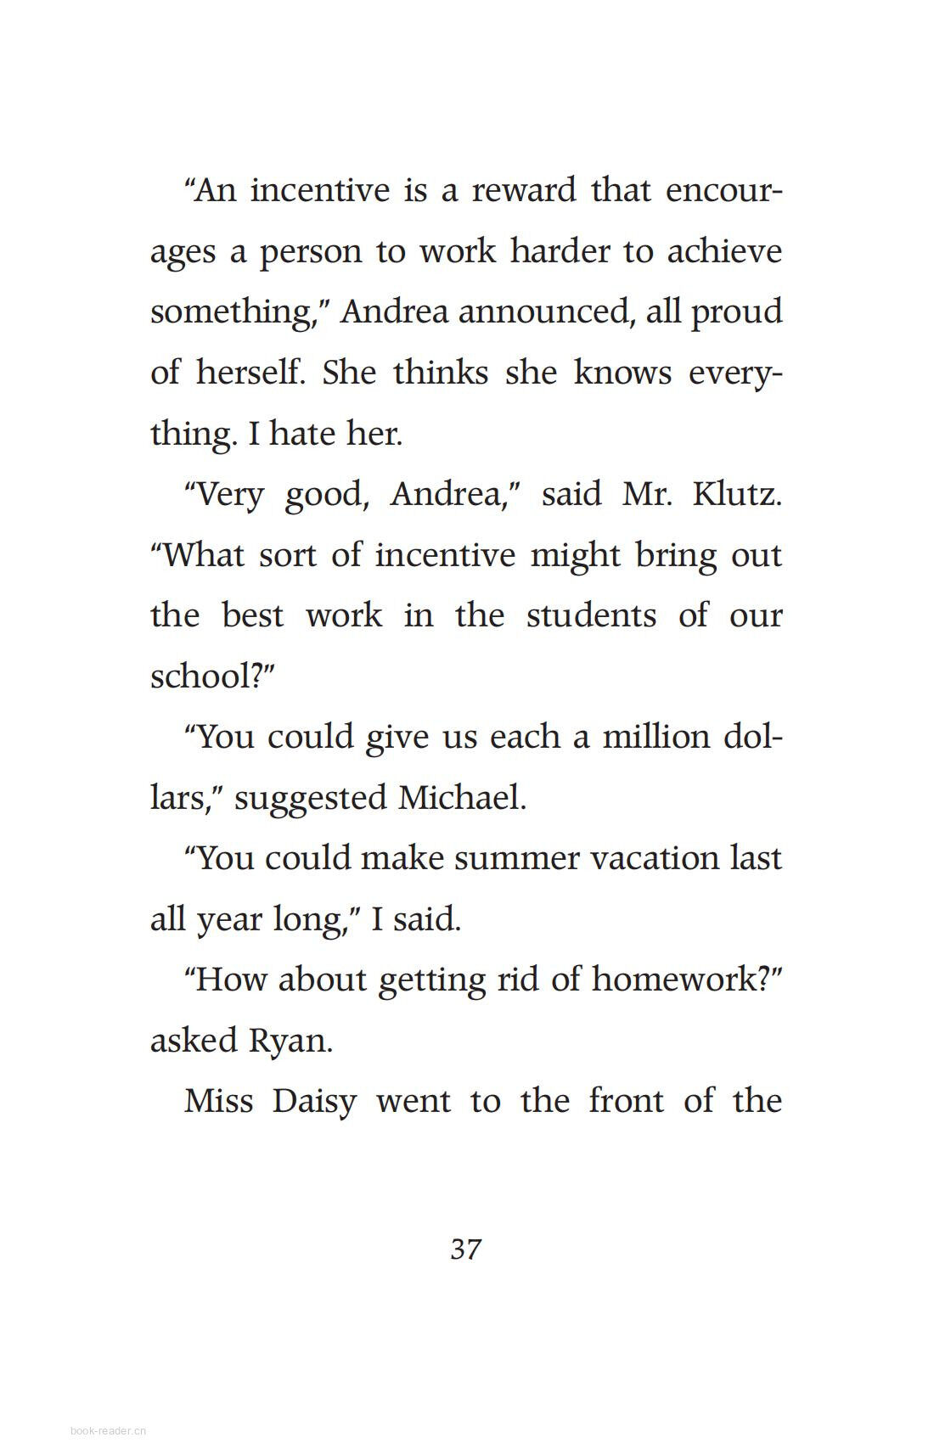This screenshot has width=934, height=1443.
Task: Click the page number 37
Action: pos(466,1249)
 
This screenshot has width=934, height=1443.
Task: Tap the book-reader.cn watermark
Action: pos(109,1430)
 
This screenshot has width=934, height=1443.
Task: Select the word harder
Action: pos(560,250)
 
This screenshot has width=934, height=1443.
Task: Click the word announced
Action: pos(543,312)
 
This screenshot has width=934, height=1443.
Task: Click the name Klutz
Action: pos(736,493)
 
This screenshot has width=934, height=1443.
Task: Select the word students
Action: pos(591,615)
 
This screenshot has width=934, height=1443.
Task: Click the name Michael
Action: pos(462,797)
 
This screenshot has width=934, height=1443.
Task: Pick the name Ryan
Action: pos(289,1041)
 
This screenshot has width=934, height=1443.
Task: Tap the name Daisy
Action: pos(313,1101)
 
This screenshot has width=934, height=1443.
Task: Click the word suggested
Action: pos(310,798)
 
